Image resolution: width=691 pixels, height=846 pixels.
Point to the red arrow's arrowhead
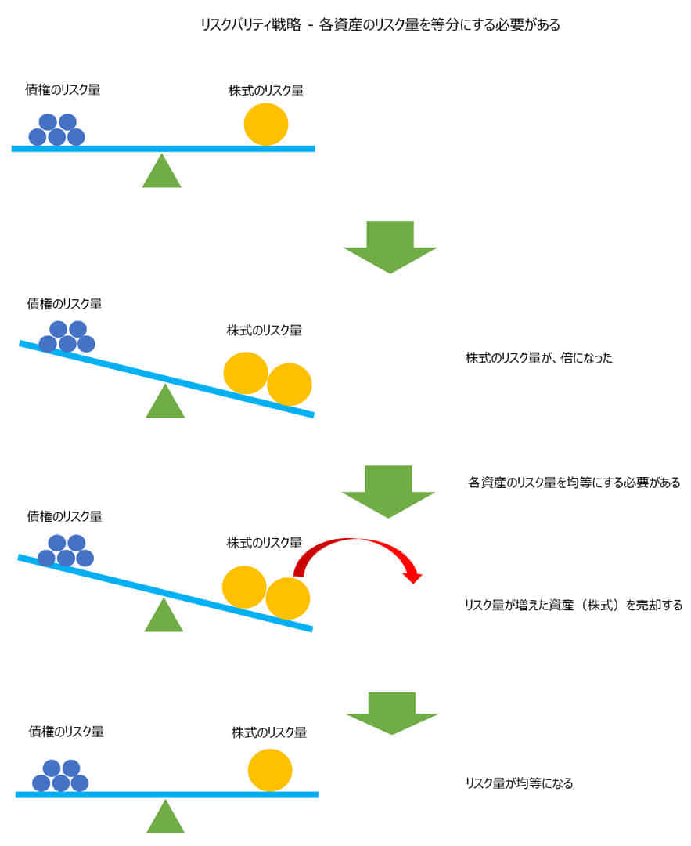pyautogui.click(x=412, y=577)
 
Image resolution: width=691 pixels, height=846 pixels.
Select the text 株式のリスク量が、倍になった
pyautogui.click(x=539, y=358)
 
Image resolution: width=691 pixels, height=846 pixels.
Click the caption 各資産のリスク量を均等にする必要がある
pyautogui.click(x=574, y=483)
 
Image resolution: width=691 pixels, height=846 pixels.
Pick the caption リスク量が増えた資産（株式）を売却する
pyautogui.click(x=574, y=605)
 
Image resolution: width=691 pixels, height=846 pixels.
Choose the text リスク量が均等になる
pyautogui.click(x=519, y=783)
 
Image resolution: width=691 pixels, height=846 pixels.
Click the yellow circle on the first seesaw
pyautogui.click(x=266, y=124)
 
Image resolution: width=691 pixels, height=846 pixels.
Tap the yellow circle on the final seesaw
pyautogui.click(x=270, y=770)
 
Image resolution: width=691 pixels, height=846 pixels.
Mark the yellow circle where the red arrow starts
pyautogui.click(x=288, y=598)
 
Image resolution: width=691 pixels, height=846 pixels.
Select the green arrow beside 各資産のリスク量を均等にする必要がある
pyautogui.click(x=388, y=490)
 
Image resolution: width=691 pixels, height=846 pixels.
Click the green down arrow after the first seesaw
pyautogui.click(x=390, y=246)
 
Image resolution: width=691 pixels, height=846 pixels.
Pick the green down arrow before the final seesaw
pyautogui.click(x=391, y=712)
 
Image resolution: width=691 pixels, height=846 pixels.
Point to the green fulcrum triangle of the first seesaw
pyautogui.click(x=161, y=173)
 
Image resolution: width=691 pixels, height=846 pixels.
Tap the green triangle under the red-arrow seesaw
pyautogui.click(x=164, y=617)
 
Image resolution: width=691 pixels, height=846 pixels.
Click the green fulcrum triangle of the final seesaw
pyautogui.click(x=165, y=819)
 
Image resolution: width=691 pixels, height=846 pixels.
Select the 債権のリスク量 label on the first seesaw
pyautogui.click(x=63, y=90)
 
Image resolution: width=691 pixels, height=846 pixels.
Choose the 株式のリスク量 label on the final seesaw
pyautogui.click(x=269, y=732)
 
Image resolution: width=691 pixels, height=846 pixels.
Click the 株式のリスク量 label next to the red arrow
pyautogui.click(x=265, y=542)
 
